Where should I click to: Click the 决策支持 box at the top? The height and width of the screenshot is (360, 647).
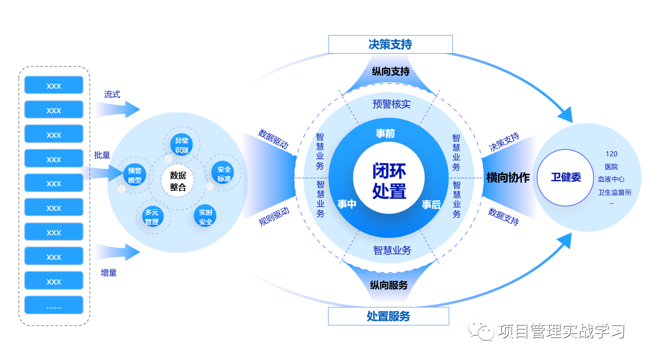390,45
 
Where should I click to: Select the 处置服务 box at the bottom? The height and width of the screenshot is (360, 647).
388,316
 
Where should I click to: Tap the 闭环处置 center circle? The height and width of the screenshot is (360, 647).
389,181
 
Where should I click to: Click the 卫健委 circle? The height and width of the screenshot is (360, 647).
566,177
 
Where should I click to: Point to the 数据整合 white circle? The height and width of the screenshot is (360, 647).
177,181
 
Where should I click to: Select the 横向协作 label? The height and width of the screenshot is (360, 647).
508,178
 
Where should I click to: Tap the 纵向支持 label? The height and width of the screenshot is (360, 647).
391,72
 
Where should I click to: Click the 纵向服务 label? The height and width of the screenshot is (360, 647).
389,285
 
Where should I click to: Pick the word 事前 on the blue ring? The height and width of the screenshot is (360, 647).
386,133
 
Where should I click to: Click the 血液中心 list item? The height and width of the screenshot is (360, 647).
611,179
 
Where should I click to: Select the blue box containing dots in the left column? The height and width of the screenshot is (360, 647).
54,305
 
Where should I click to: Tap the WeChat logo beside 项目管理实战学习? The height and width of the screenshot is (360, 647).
480,330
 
